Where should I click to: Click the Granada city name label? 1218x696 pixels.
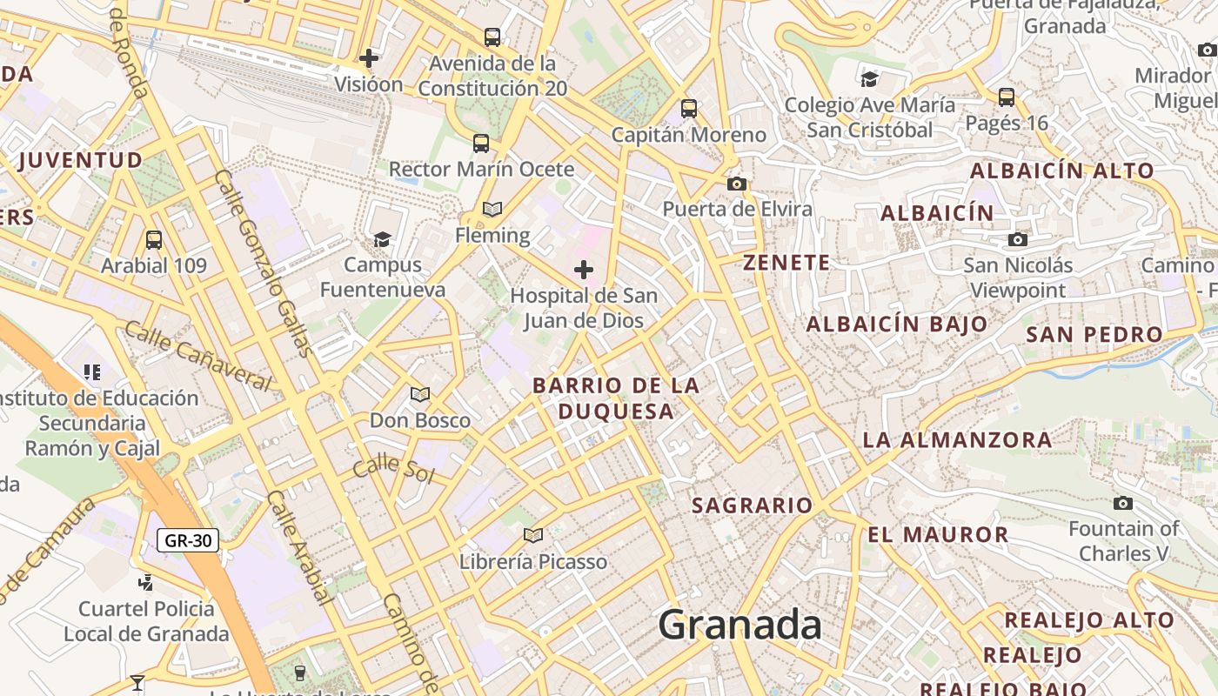click(739, 625)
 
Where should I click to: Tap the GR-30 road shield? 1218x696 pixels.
click(188, 540)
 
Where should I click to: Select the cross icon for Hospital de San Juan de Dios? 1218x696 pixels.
click(584, 270)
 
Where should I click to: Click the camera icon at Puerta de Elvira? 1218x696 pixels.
click(737, 184)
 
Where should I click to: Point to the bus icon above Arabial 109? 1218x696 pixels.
click(154, 239)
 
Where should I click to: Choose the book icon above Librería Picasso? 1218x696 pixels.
click(533, 535)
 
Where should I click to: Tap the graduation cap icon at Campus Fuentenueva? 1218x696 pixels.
click(382, 239)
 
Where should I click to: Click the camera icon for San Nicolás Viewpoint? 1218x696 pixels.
click(1017, 239)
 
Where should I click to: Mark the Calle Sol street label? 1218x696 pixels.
click(393, 468)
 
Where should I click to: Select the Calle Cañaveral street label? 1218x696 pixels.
click(197, 355)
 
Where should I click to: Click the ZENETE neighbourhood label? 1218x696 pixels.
click(786, 263)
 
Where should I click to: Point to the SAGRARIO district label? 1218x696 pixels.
click(752, 505)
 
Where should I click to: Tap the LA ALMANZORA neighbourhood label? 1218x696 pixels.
click(957, 440)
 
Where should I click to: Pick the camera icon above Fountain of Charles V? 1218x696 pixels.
click(1123, 503)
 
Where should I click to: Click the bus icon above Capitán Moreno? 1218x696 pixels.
click(689, 109)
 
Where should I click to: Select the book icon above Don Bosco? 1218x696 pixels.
click(420, 394)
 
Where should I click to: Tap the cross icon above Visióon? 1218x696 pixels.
click(369, 58)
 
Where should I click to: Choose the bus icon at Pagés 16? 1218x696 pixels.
click(1007, 97)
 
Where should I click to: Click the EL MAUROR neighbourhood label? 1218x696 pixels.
click(938, 534)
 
